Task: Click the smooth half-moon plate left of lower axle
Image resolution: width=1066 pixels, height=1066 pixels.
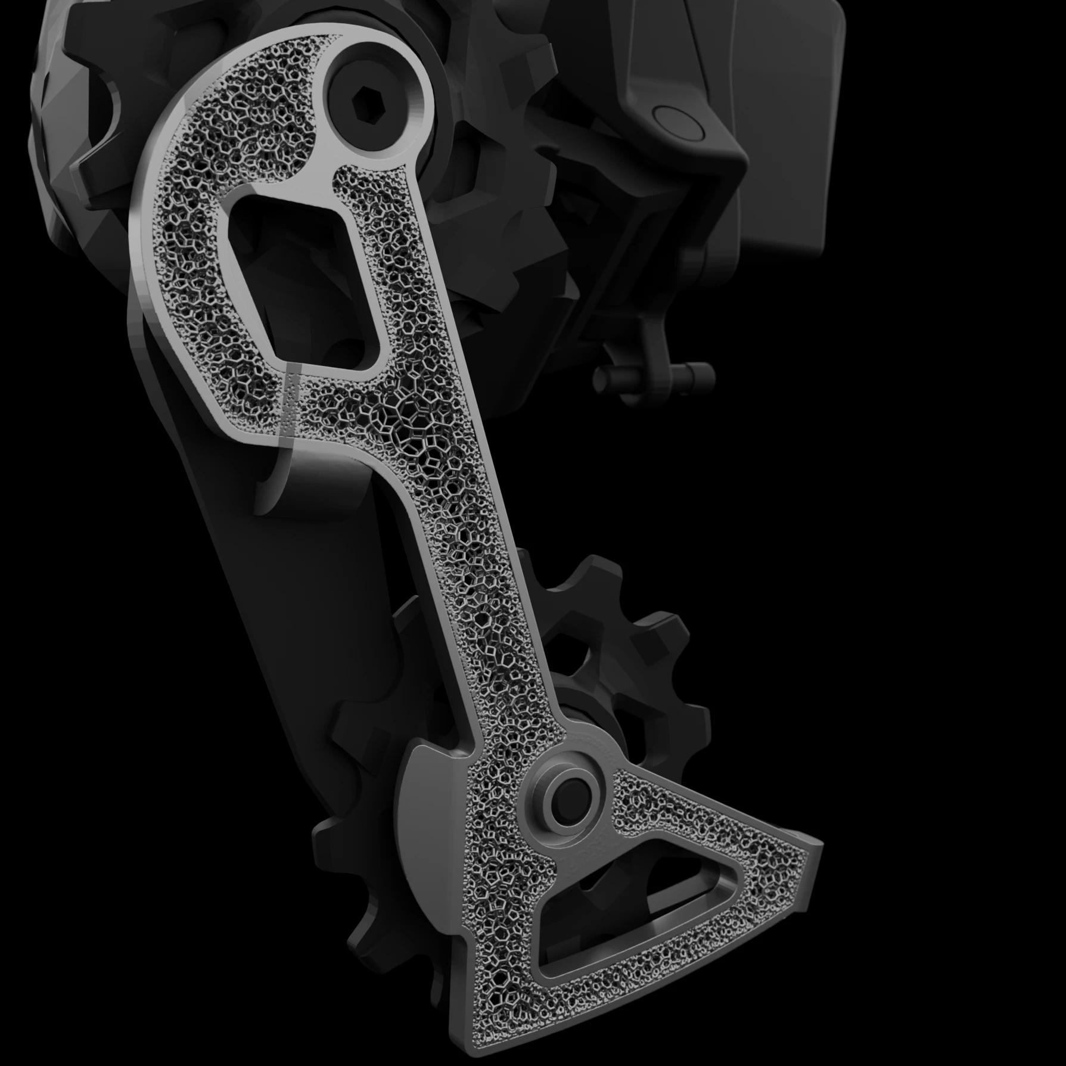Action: pyautogui.click(x=426, y=822)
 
